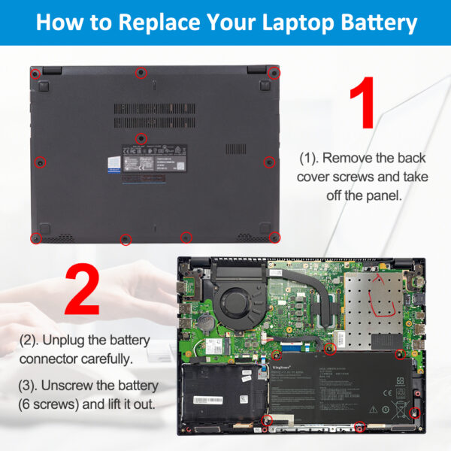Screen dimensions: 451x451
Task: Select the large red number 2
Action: [x=82, y=290]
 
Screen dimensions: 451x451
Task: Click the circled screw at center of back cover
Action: [x=141, y=138]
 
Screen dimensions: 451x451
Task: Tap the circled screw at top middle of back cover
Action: [x=140, y=72]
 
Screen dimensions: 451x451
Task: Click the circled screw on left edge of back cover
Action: [x=41, y=162]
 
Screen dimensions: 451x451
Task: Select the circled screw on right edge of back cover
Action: [x=268, y=161]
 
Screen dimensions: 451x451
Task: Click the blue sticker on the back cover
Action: [x=113, y=165]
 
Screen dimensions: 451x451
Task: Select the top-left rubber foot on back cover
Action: [x=44, y=86]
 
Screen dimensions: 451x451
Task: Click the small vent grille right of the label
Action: [x=235, y=149]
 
